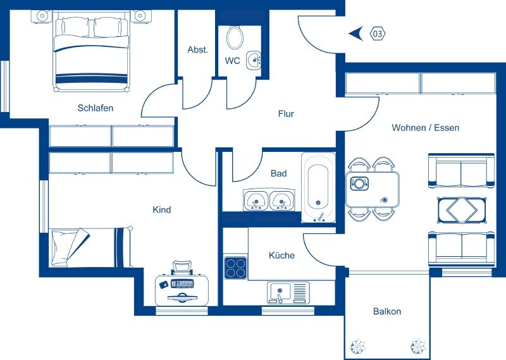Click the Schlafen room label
[96, 108]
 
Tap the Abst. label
[197, 50]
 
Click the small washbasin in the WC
[254, 61]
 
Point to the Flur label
[286, 115]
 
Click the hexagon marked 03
[378, 33]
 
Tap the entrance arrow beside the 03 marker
[355, 33]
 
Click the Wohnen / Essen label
[425, 128]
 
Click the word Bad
[278, 173]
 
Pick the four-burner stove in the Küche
[235, 267]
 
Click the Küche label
[281, 256]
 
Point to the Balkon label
[387, 311]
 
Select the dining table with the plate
[373, 189]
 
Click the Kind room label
[162, 210]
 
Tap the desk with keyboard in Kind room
[182, 285]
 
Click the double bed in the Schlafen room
[92, 54]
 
